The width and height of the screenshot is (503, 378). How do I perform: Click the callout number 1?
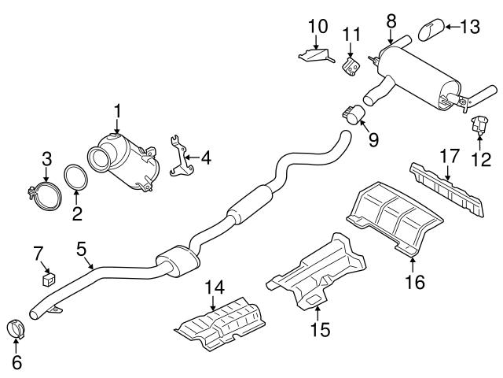pyautogui.click(x=116, y=113)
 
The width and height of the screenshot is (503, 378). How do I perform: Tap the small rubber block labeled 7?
pyautogui.click(x=47, y=276)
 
